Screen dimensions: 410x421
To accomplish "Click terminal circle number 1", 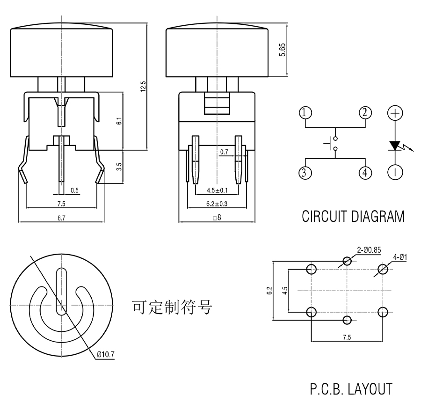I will [305, 113].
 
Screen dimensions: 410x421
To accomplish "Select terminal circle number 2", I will [365, 113].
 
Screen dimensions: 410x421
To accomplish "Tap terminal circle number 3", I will [305, 173].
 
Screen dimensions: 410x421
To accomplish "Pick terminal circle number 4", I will [365, 173].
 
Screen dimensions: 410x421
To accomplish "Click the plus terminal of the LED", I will [396, 113].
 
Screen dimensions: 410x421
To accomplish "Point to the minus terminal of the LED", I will [396, 173].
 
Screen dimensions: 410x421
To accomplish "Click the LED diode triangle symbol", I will [396, 146].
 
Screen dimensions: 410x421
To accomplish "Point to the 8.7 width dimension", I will [60, 218].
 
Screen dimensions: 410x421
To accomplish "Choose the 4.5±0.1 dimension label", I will [217, 190].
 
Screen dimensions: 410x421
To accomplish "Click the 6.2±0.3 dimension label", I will [217, 204].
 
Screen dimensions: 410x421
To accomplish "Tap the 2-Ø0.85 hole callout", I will [369, 250].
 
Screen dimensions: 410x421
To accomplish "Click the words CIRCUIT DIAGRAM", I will [353, 217].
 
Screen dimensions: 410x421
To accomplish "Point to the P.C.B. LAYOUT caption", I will [350, 389].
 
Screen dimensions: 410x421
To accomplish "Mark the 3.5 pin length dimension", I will [120, 167].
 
